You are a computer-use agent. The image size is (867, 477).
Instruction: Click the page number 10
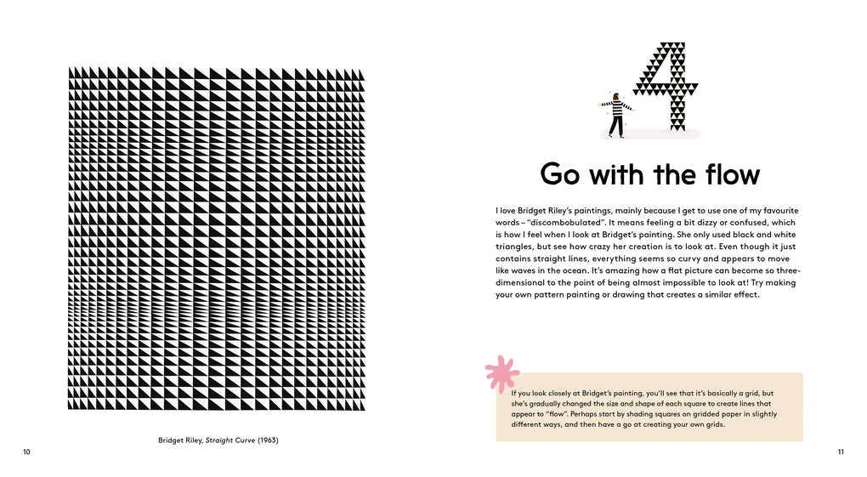(x=26, y=451)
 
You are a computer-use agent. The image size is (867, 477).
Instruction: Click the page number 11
(x=841, y=451)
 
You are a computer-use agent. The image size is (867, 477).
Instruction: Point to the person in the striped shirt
(x=615, y=115)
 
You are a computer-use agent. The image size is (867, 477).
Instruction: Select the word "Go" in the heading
(x=562, y=174)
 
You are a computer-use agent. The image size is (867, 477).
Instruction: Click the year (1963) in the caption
(x=269, y=440)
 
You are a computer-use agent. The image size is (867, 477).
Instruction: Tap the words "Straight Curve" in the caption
(x=231, y=440)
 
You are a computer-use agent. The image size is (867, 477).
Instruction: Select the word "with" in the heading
(x=617, y=174)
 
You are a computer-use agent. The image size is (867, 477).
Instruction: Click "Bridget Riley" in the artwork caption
(x=181, y=440)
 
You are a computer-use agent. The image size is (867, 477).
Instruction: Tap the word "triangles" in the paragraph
(x=513, y=246)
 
